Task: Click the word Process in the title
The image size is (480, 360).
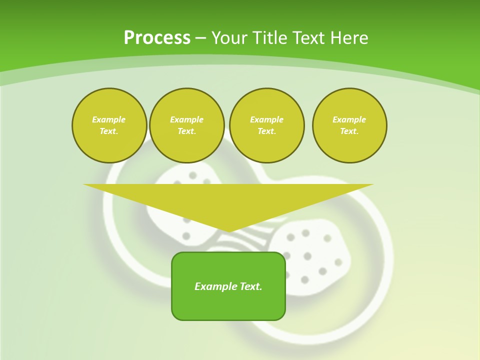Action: (157, 37)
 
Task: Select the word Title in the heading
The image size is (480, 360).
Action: (270, 38)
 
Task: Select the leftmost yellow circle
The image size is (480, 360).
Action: (109, 125)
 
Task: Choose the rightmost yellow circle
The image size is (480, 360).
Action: (349, 125)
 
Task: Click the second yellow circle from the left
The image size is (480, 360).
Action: (187, 125)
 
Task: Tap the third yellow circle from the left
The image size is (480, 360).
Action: (267, 125)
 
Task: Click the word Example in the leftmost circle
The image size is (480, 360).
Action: (109, 119)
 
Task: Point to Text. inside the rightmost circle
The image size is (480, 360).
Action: (349, 131)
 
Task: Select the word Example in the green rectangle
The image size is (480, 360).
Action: (215, 286)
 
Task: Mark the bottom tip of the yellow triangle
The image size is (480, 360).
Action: (229, 231)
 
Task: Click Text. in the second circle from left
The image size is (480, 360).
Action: (187, 131)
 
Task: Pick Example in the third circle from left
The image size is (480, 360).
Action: (267, 119)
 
